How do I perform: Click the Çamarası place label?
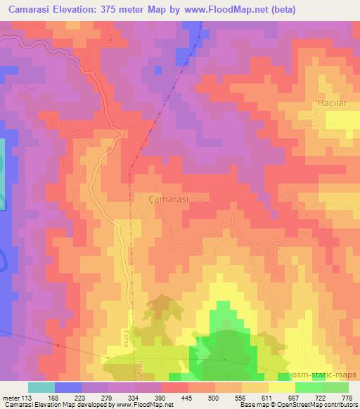coord(170,199)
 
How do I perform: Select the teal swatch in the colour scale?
coord(41,387)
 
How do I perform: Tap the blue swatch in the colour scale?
coord(68,387)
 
